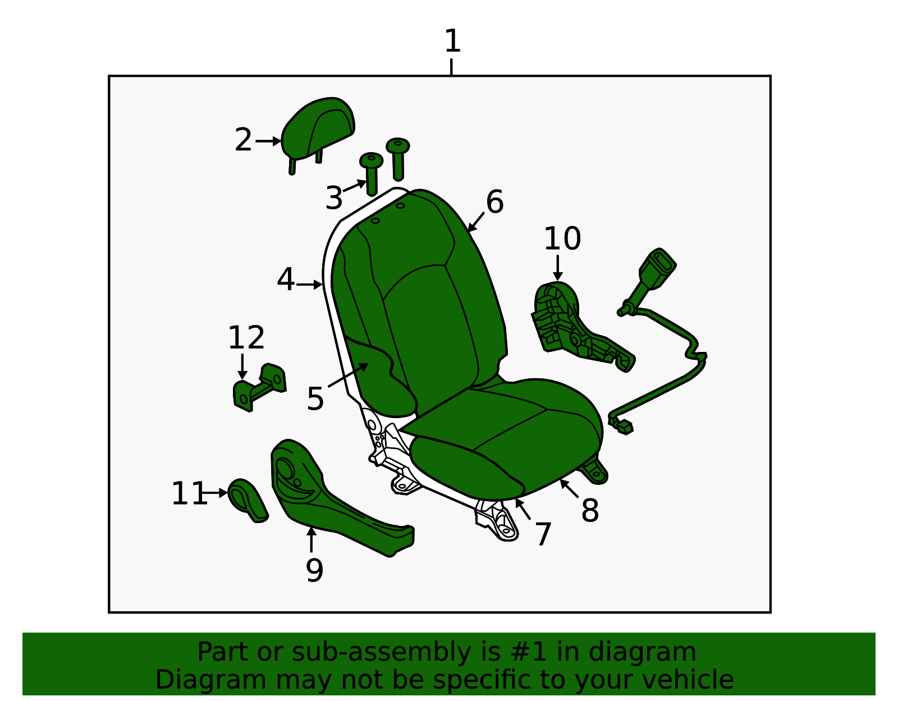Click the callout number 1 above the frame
(x=452, y=42)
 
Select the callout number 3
(x=334, y=199)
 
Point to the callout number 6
(x=494, y=202)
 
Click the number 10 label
(x=562, y=239)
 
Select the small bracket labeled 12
(x=259, y=387)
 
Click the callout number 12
(x=246, y=338)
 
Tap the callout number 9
(x=314, y=571)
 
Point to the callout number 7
(x=543, y=534)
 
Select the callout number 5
(x=315, y=399)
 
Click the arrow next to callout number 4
(x=309, y=285)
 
